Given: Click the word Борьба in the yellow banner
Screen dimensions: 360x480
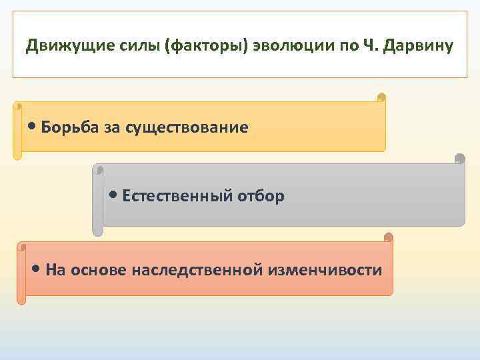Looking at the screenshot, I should click(x=70, y=127).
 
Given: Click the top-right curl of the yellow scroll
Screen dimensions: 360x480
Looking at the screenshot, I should click(x=381, y=98).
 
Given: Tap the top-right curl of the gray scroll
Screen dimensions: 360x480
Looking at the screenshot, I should click(x=459, y=159).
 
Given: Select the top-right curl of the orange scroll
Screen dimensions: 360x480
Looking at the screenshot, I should click(x=388, y=237).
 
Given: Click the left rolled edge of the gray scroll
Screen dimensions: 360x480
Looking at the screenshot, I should click(x=97, y=200).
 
